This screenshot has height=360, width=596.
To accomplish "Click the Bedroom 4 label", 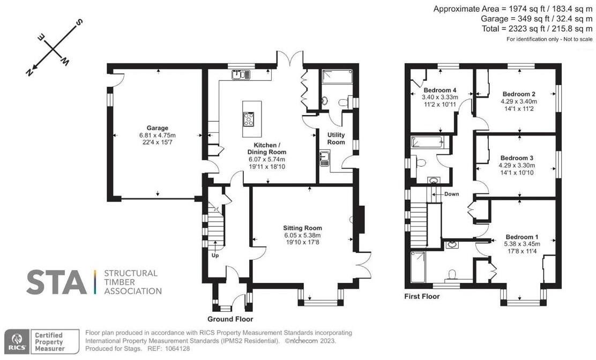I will (x=439, y=90).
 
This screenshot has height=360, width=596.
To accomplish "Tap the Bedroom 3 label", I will (x=517, y=158).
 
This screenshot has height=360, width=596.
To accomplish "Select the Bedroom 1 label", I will (x=521, y=237).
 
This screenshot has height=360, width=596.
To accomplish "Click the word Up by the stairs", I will (x=216, y=256).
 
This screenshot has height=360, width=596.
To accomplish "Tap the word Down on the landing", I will (x=451, y=194).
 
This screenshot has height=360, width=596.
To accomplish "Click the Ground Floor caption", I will (x=230, y=319).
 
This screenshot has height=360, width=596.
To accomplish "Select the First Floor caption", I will (x=422, y=296).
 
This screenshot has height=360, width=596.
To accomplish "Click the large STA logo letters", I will (x=56, y=282).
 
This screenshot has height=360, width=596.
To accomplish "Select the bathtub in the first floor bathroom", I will (x=427, y=142).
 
